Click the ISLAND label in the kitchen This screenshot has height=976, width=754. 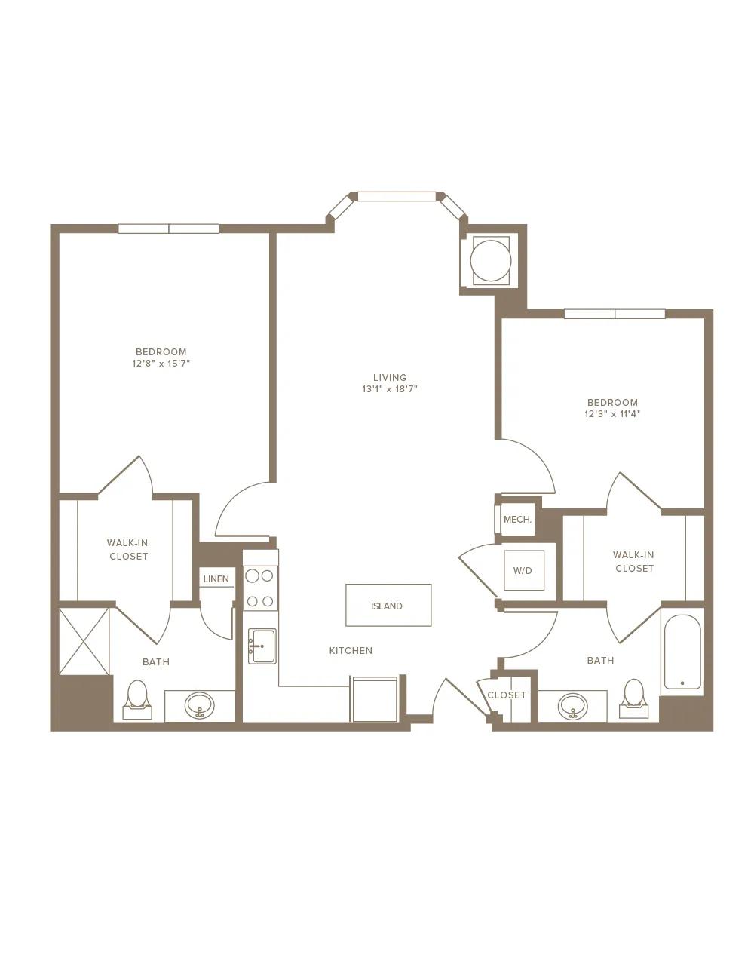point(386,606)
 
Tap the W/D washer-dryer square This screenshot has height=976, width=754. point(524,570)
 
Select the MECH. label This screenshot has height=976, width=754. point(517,520)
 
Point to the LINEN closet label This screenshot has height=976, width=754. point(216,579)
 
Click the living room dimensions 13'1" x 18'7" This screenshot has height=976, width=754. point(390,389)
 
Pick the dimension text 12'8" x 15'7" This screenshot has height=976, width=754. point(161,363)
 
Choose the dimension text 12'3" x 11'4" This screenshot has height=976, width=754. point(612,413)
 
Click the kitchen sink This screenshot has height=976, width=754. point(262,646)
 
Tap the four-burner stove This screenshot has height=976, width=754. point(260,588)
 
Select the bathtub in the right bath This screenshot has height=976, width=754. point(682,652)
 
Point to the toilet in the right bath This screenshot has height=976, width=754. point(633,698)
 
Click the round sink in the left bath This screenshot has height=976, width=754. point(200,705)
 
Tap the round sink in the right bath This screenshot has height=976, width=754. point(573,706)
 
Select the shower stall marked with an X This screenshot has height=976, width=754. point(84,641)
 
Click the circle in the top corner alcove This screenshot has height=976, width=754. point(491,260)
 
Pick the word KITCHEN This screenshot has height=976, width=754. point(351,650)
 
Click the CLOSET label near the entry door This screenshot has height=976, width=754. point(507,695)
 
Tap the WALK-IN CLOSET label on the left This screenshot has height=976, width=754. point(128,549)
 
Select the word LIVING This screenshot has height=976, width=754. point(390,377)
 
